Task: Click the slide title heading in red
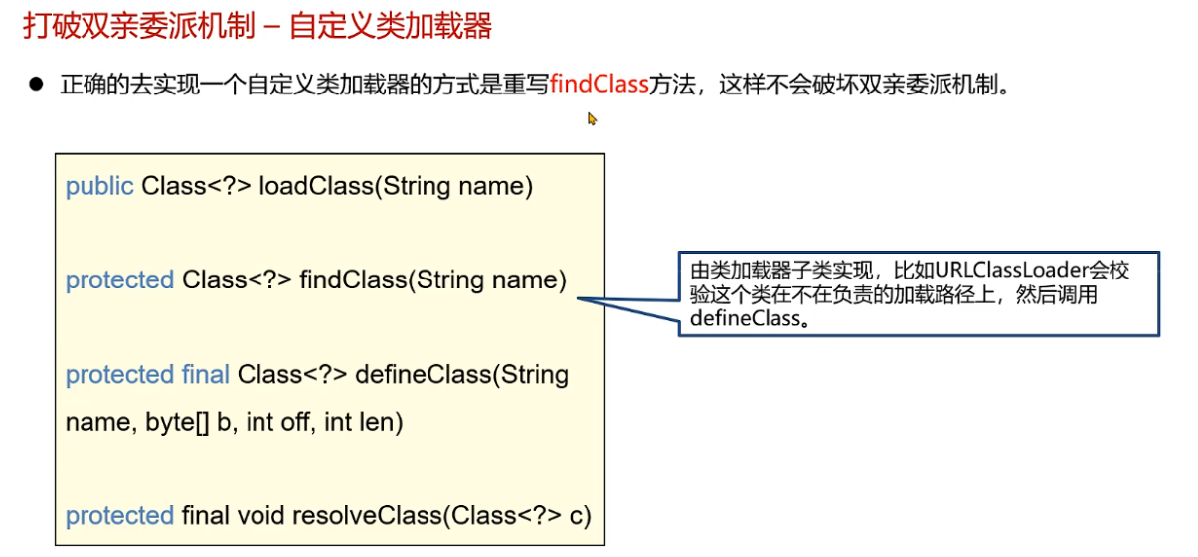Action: pyautogui.click(x=257, y=26)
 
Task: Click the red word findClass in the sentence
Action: pyautogui.click(x=599, y=85)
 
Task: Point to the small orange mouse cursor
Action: pyautogui.click(x=592, y=119)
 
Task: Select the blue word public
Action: pyautogui.click(x=99, y=186)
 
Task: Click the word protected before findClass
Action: pyautogui.click(x=119, y=280)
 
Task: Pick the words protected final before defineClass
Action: pyautogui.click(x=148, y=375)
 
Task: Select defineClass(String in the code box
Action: pyautogui.click(x=461, y=375)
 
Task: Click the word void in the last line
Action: pyautogui.click(x=260, y=516)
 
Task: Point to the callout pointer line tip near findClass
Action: pyautogui.click(x=580, y=298)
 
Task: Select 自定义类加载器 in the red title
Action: pyautogui.click(x=391, y=26)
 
